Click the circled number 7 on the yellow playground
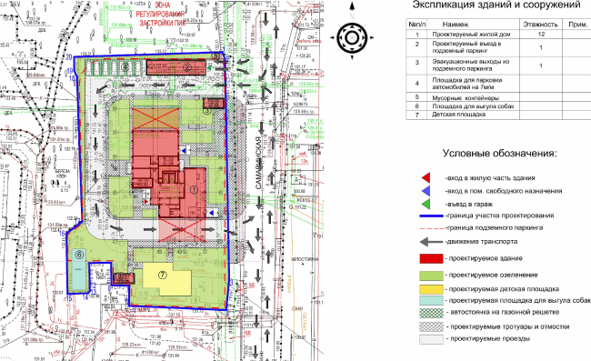pyautogui.click(x=164, y=273)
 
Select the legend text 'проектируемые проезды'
pyautogui.click(x=487, y=340)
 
